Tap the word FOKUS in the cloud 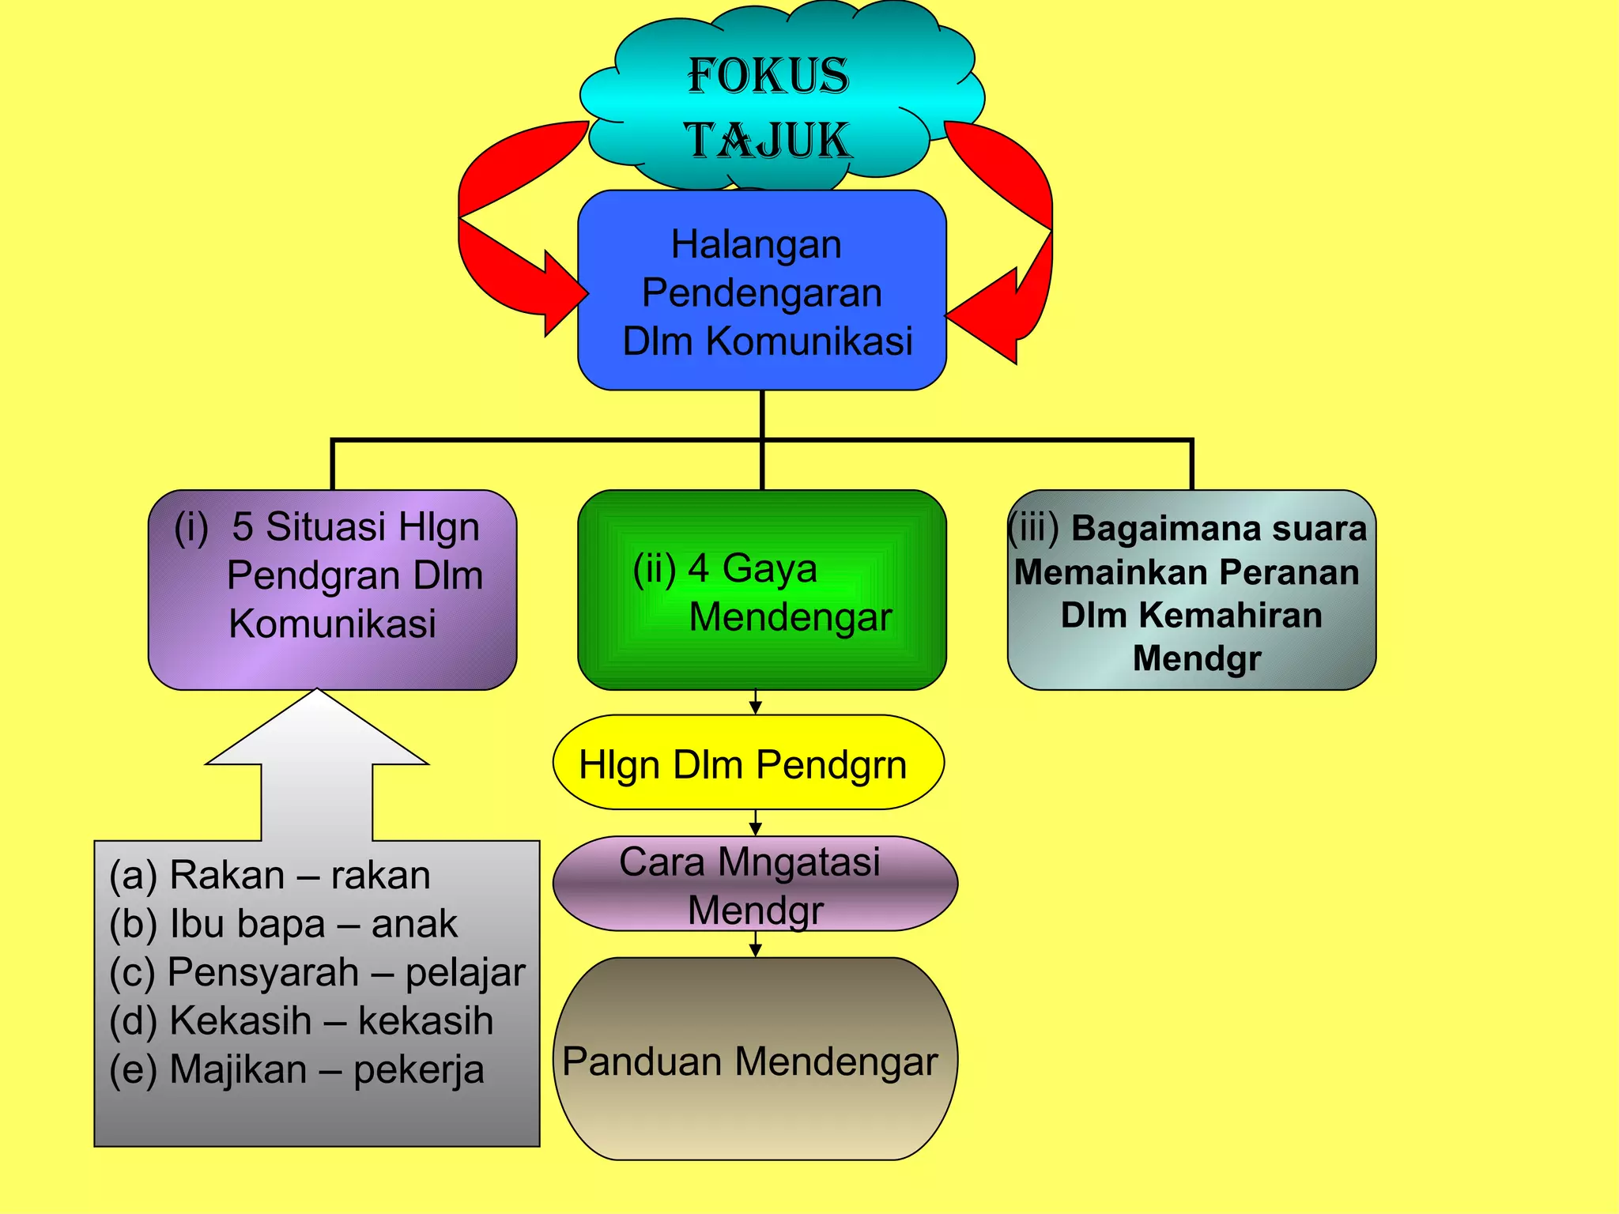click(768, 77)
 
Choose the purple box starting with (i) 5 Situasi click(332, 590)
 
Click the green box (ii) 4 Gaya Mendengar click(762, 590)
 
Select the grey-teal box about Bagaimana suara click(1191, 590)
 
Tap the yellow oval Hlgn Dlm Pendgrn click(748, 763)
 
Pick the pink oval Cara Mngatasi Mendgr click(755, 884)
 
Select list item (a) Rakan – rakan click(270, 875)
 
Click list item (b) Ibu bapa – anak click(283, 923)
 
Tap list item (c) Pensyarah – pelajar click(317, 972)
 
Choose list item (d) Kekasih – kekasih click(301, 1020)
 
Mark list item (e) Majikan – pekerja click(296, 1069)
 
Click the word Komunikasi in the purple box click(332, 624)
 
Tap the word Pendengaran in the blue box click(761, 293)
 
